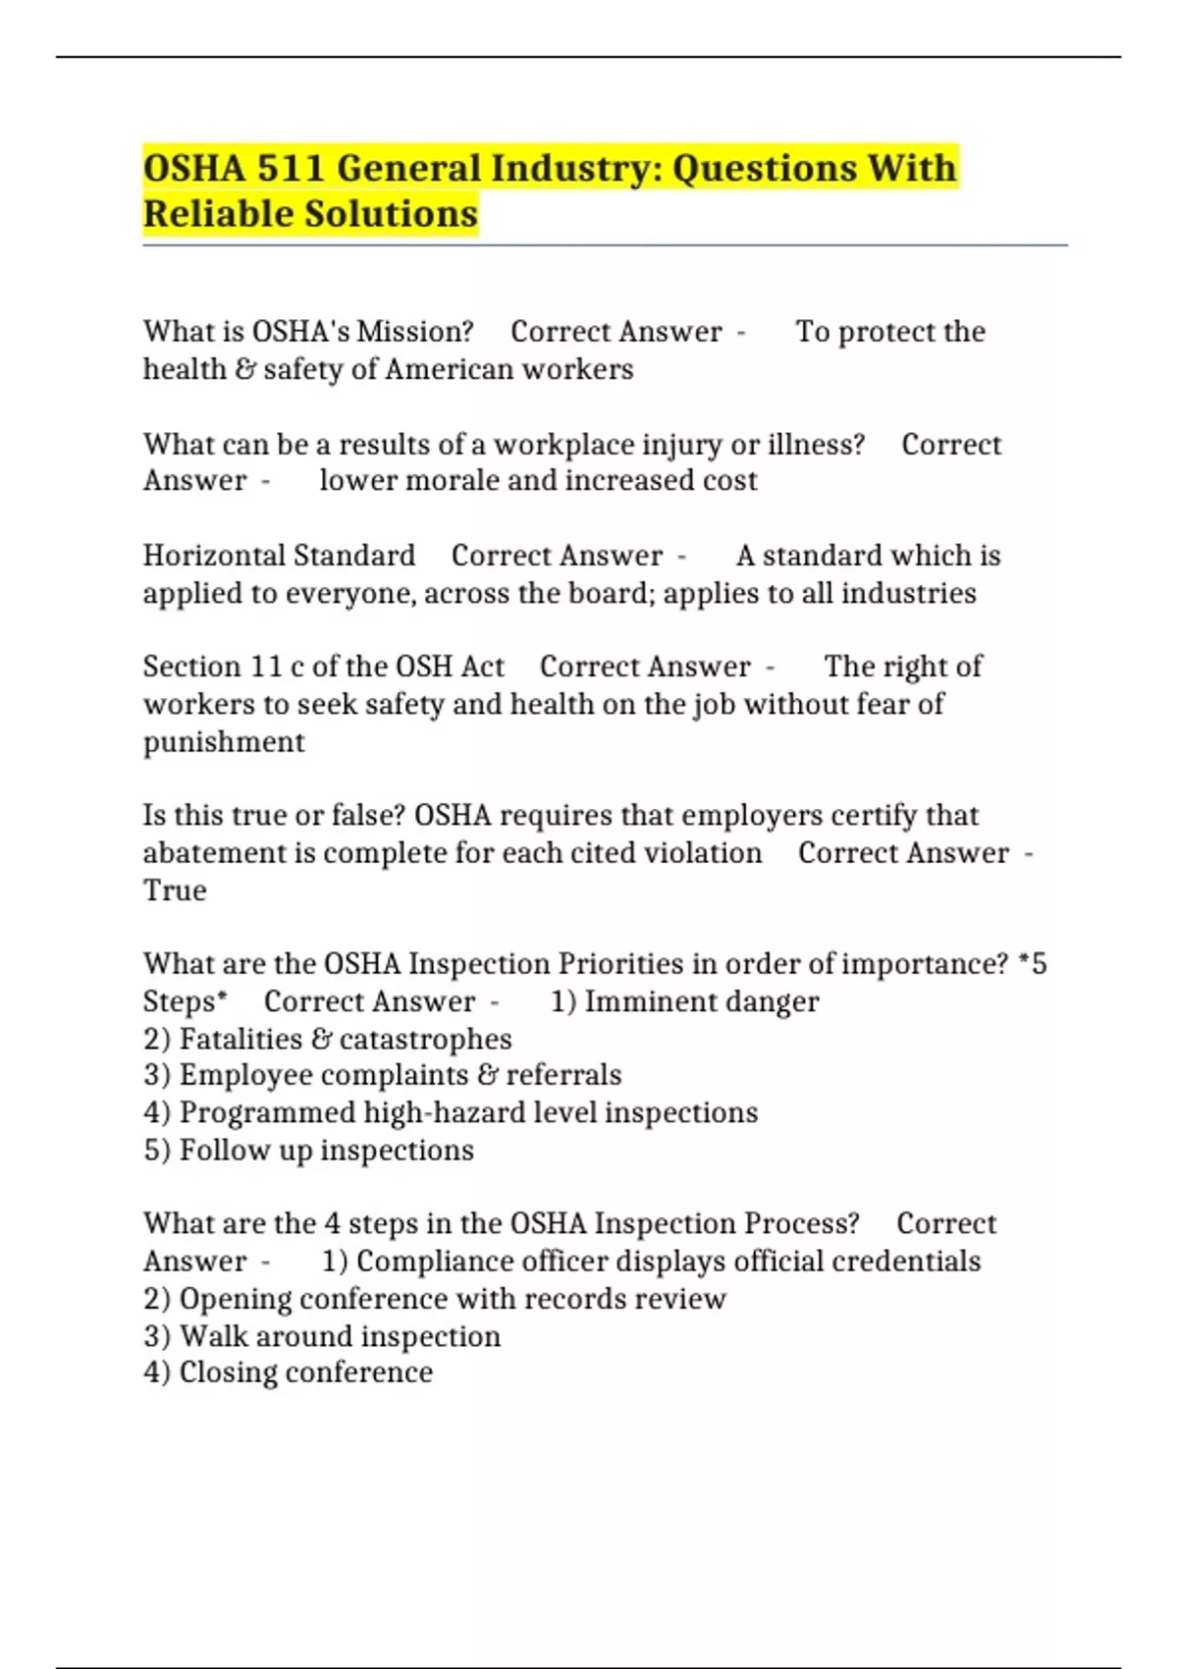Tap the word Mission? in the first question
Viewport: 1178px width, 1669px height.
pos(415,332)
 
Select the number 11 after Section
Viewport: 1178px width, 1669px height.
pos(266,667)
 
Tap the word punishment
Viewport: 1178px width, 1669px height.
pos(224,742)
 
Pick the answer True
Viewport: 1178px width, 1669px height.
pos(175,890)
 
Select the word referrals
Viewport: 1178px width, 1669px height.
pos(563,1075)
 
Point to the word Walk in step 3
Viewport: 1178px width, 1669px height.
pos(213,1336)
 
